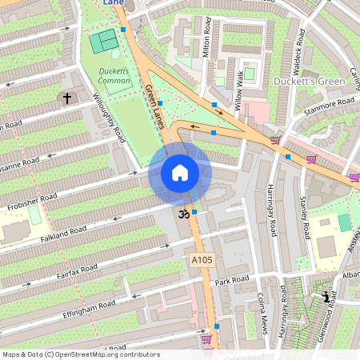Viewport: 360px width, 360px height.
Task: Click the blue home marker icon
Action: pyautogui.click(x=180, y=173)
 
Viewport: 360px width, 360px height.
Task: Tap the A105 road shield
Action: pyautogui.click(x=202, y=261)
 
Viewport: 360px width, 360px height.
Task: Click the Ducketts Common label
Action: pyautogui.click(x=114, y=76)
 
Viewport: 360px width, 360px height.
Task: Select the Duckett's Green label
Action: pyautogui.click(x=309, y=82)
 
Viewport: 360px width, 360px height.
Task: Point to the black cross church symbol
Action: pyautogui.click(x=66, y=98)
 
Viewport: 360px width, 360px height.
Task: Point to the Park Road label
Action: pyautogui.click(x=233, y=281)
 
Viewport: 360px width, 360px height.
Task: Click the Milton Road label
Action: pyautogui.click(x=206, y=39)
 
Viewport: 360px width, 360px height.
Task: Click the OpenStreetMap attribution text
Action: pyautogui.click(x=81, y=354)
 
